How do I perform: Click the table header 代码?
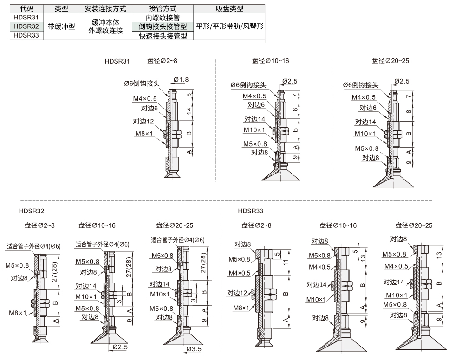coord(26,9)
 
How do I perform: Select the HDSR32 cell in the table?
coord(26,26)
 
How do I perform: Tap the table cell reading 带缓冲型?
coord(61,26)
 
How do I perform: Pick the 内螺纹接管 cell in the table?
coord(163,18)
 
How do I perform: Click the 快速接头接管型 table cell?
coord(163,36)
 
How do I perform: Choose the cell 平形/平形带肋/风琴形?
coord(230,26)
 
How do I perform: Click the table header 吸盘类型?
coord(230,9)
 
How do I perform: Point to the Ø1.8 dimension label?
coord(181,79)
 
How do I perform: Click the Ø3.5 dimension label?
coord(194,349)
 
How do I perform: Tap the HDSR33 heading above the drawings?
coord(250,211)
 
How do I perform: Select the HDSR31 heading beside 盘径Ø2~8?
coord(117,61)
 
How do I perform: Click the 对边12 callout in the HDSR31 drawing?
coord(143,122)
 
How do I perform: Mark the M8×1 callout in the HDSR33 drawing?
coord(242,308)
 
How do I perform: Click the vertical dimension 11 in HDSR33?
coord(286,262)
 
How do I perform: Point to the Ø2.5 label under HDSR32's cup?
coord(120,347)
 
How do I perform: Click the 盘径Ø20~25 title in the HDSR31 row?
coord(390,61)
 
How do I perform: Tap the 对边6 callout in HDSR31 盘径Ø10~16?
coord(256,105)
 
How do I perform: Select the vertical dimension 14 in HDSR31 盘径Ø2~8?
coord(189,111)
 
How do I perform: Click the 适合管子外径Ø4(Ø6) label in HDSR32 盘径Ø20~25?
coord(177,240)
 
